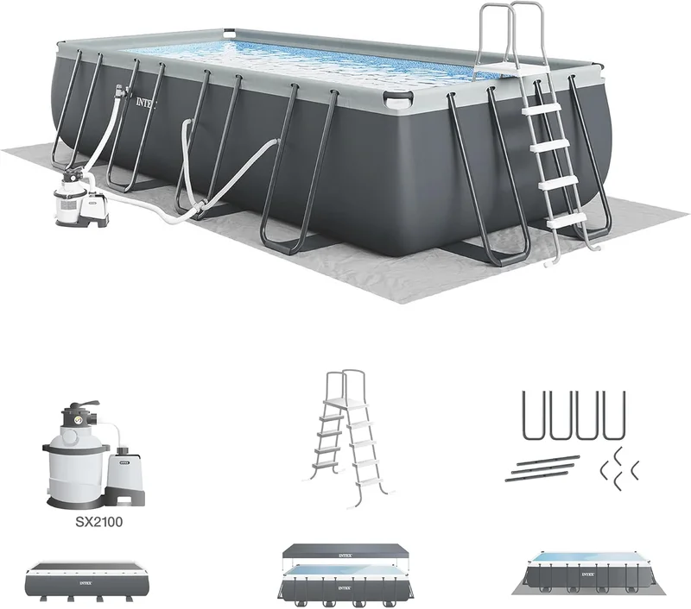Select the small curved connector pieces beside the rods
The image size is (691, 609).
click(x=618, y=467)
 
